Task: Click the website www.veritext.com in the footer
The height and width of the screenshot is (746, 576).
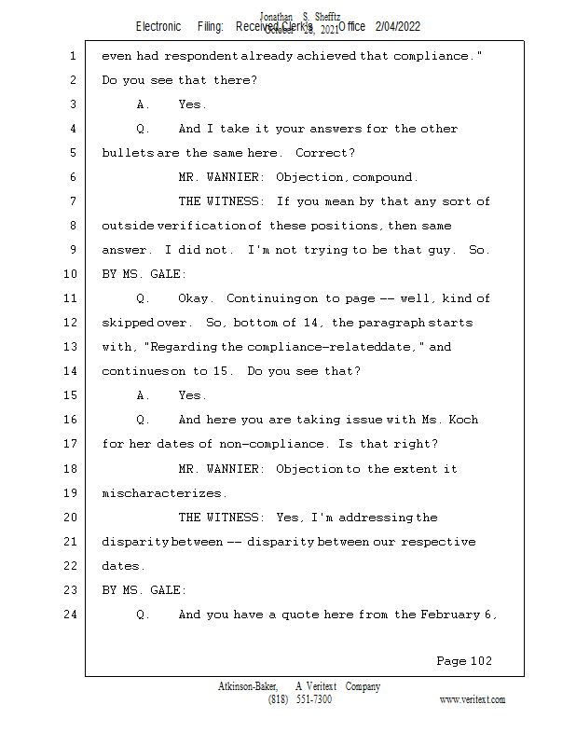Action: click(x=472, y=699)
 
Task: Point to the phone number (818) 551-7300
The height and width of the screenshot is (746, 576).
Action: click(x=299, y=699)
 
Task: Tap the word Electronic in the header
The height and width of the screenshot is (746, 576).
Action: click(x=158, y=27)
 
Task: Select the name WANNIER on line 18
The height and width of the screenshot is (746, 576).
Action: click(x=239, y=469)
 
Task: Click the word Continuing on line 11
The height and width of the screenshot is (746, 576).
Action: click(x=264, y=298)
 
